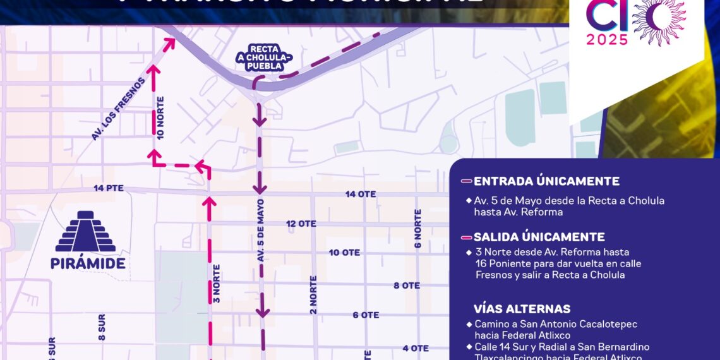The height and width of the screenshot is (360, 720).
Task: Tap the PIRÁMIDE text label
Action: [x=88, y=263]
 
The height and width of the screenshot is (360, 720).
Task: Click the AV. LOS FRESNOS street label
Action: [x=118, y=109]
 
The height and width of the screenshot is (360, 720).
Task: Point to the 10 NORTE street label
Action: [x=160, y=117]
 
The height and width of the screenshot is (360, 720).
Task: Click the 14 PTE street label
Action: [x=108, y=188]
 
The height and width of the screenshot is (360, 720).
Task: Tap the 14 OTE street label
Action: [x=361, y=194]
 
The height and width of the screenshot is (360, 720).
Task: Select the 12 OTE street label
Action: [x=301, y=224]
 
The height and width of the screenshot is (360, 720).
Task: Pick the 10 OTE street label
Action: [x=344, y=253]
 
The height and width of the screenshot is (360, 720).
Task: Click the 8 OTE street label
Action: [x=407, y=285]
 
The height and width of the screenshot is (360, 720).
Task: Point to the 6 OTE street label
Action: [x=366, y=315]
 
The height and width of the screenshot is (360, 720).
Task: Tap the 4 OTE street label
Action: [x=416, y=348]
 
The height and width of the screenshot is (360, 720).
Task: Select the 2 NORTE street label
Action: [x=313, y=294]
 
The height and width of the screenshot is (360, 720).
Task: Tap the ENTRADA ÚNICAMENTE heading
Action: [x=546, y=181]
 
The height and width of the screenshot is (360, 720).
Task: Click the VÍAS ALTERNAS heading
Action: [x=522, y=309]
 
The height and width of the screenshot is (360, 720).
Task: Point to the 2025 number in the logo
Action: [x=606, y=39]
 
